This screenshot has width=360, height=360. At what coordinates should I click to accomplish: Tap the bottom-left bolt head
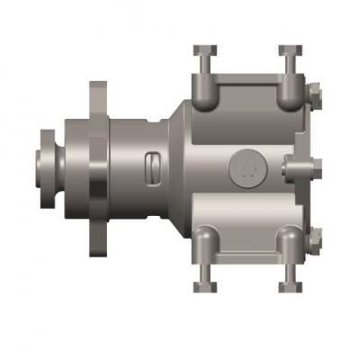pos(205,286)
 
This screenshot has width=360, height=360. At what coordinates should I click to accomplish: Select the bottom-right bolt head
pos(289,286)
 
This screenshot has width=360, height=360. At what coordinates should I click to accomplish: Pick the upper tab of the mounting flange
pos(97,97)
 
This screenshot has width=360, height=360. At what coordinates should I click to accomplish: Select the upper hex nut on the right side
pos(315,94)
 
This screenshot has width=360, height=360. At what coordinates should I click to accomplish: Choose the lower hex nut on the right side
pos(315,241)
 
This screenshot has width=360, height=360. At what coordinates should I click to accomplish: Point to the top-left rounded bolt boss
pos(205,90)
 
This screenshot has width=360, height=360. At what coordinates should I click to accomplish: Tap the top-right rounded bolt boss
pos(289,90)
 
